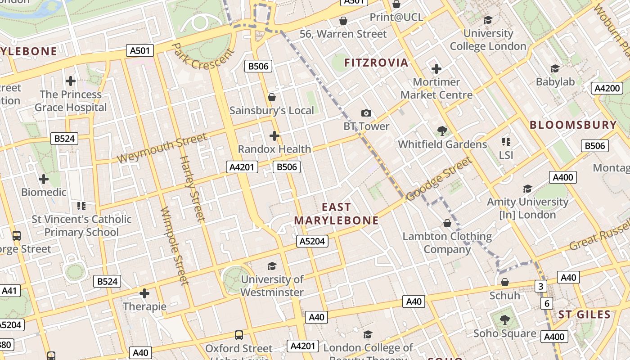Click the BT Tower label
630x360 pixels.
point(366,126)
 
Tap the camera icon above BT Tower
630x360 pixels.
point(366,113)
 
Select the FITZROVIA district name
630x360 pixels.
point(376,63)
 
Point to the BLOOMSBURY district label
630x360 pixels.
point(573,125)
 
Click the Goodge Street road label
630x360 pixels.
point(439,179)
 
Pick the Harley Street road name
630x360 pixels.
point(192,189)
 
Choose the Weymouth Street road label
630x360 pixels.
point(162,148)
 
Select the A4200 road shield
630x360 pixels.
point(607,88)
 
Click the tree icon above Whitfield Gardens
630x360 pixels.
point(442,131)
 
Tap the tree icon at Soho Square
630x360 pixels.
point(505,320)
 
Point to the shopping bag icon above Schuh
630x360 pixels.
point(505,282)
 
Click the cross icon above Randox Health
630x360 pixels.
point(274,135)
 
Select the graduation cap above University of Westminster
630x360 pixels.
point(272,266)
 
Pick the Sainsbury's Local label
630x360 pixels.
point(272,111)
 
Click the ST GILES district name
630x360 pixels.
point(585,315)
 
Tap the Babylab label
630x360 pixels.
point(555,82)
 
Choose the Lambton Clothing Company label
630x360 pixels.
point(447,243)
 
